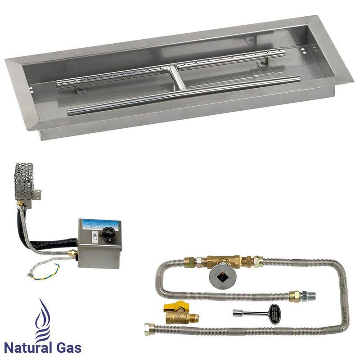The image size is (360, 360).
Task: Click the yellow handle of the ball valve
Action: click(170, 306)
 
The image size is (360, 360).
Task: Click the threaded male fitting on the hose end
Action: click(310, 297)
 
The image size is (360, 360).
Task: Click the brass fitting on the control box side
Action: click(71, 254)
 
